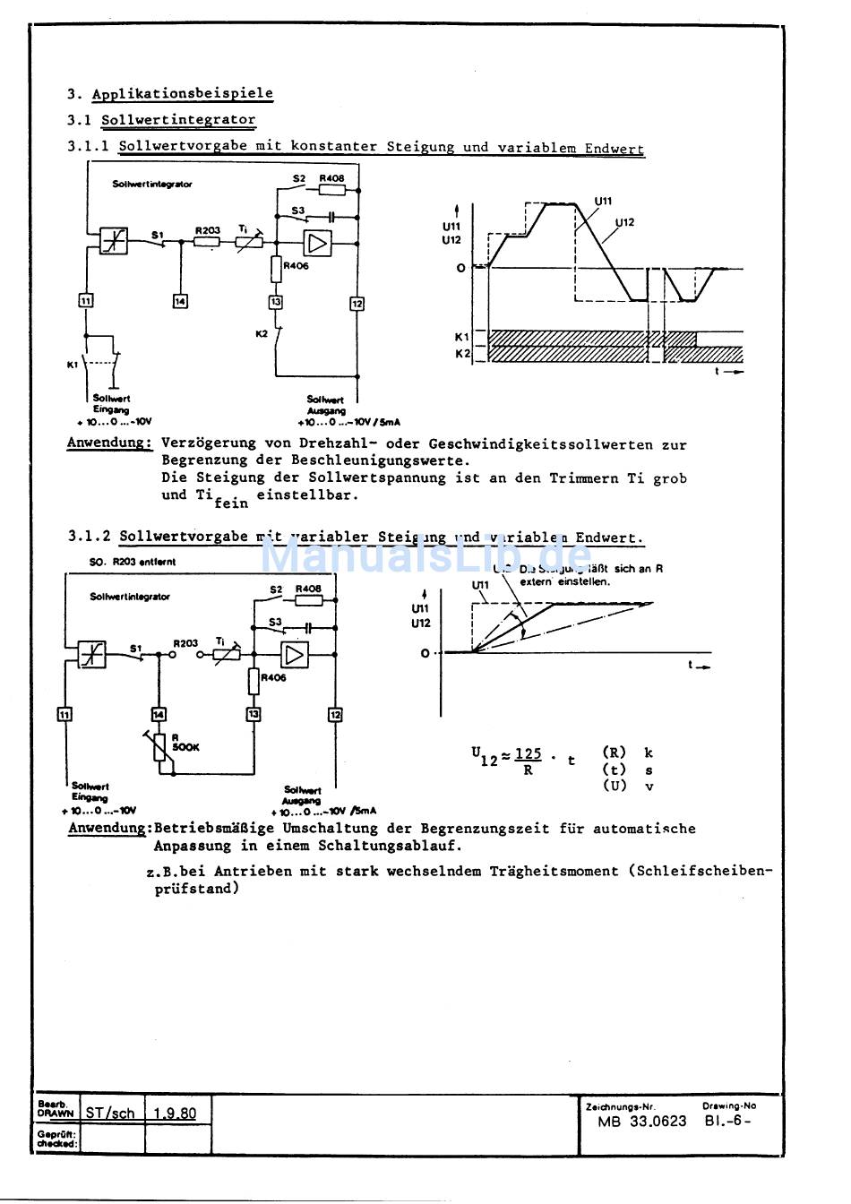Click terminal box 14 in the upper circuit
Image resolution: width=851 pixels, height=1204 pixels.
point(180,301)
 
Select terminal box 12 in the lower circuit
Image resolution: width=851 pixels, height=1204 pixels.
point(335,714)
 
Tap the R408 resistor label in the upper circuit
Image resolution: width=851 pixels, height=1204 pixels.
point(331,178)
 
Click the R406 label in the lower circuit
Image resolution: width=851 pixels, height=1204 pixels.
point(274,678)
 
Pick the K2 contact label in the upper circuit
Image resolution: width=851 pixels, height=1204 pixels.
point(262,333)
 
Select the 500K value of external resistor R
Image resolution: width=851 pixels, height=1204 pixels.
point(186,747)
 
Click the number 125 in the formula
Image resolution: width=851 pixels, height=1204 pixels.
point(529,754)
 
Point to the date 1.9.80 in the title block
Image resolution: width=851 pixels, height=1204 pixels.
point(175,1113)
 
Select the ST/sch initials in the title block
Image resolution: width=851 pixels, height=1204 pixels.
point(110,1113)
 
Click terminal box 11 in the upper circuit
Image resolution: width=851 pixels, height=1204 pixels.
point(86,301)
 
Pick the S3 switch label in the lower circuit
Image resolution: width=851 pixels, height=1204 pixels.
point(276,622)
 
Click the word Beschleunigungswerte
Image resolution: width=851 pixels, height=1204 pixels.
point(380,461)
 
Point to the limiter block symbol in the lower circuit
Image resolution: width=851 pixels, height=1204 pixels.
point(92,655)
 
